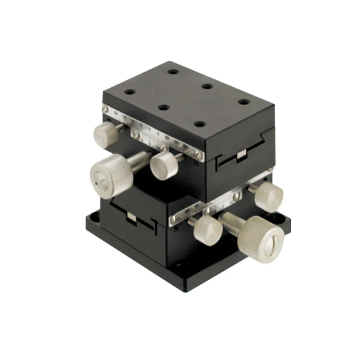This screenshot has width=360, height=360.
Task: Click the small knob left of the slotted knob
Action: (207, 229)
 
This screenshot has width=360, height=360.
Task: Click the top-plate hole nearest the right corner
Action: (243, 102)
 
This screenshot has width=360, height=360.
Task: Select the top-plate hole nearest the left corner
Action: (130, 92)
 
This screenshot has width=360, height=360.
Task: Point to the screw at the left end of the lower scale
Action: (172, 219)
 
